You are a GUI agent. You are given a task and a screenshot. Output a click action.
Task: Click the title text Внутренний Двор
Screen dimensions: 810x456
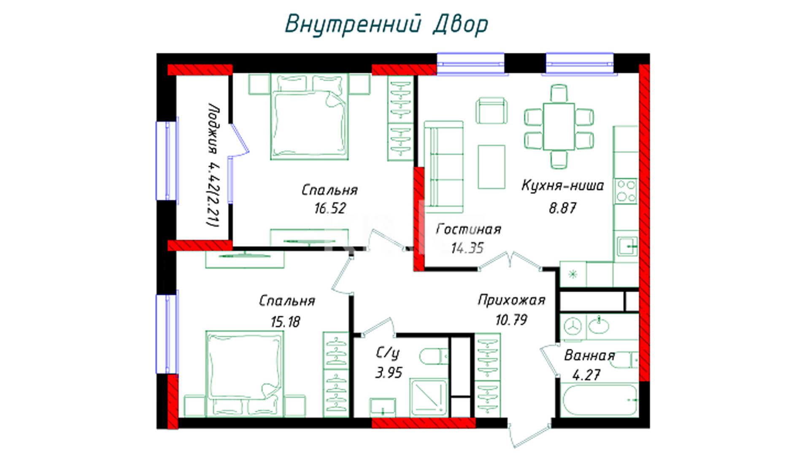pyautogui.click(x=386, y=24)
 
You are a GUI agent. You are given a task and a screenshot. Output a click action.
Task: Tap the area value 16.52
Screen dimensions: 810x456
pyautogui.click(x=330, y=208)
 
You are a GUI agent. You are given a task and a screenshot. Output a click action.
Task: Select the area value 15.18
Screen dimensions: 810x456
pyautogui.click(x=286, y=322)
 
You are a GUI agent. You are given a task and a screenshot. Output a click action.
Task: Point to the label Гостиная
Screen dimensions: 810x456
pyautogui.click(x=468, y=229)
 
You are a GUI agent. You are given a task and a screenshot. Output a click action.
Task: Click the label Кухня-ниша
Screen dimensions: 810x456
pyautogui.click(x=563, y=185)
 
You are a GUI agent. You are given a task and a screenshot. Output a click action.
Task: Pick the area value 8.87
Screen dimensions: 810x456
pyautogui.click(x=562, y=208)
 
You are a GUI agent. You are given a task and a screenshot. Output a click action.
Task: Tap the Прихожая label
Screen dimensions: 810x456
pyautogui.click(x=511, y=300)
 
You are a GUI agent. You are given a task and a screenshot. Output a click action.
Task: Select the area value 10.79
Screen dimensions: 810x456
pyautogui.click(x=511, y=320)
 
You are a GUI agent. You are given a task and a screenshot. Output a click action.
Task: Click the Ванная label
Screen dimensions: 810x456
pyautogui.click(x=589, y=356)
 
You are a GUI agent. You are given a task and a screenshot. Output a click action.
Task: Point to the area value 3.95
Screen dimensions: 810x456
pyautogui.click(x=389, y=372)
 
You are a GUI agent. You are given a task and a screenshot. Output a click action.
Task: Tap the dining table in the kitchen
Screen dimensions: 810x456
pyautogui.click(x=559, y=126)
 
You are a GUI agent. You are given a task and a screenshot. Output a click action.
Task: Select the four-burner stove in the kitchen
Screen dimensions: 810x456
pyautogui.click(x=626, y=191)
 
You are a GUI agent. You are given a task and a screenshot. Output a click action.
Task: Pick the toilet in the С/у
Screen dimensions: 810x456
pyautogui.click(x=433, y=356)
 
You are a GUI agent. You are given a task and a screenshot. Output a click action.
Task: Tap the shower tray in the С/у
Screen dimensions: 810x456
pyautogui.click(x=428, y=397)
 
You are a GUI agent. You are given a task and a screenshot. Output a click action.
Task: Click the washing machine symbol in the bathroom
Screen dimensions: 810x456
pyautogui.click(x=572, y=326)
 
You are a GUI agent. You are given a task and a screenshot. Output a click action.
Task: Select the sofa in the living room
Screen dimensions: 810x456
pyautogui.click(x=443, y=167)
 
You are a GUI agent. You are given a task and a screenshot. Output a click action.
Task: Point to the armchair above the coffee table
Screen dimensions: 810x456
pyautogui.click(x=491, y=111)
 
